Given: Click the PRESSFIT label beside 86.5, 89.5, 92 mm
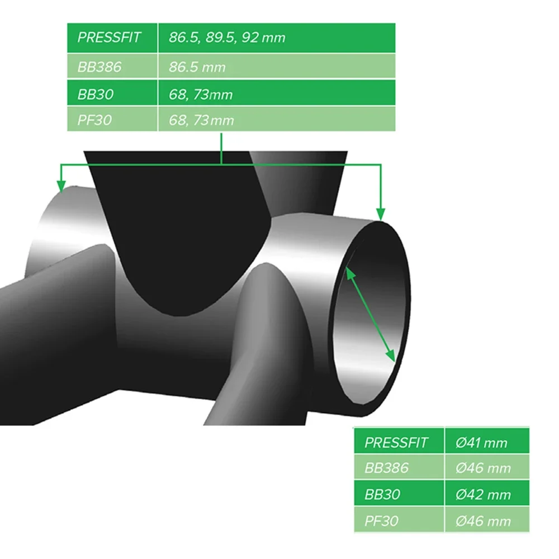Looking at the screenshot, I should pos(110,37).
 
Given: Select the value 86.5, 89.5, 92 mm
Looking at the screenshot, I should pos(227,37).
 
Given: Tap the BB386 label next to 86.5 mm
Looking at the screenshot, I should pos(100,67).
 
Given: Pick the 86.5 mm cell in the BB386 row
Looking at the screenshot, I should pos(197,67).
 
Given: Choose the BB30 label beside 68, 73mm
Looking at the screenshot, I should pos(96,94).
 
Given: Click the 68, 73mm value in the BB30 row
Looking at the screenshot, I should pos(200,94).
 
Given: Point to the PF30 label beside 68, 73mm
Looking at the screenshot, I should pos(94,120).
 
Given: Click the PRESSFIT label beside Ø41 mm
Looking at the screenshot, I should pos(396,443).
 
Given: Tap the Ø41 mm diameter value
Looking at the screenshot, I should pos(481,443).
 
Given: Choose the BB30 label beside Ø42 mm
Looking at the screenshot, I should pos(382,495).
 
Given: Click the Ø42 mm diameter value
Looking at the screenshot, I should pos(483,495).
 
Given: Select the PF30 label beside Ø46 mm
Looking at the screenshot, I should pos(381,520).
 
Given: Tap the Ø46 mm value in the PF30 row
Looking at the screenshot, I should pos(483,520).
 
